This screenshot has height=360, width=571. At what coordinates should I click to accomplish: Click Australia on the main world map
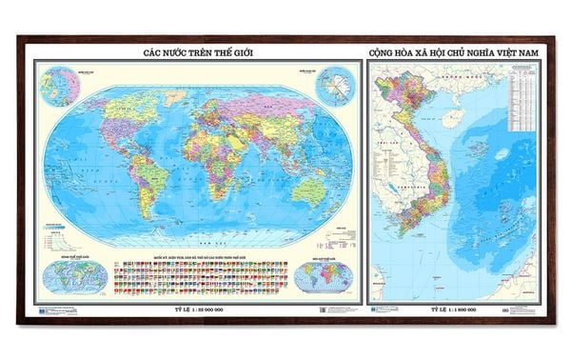[x=306, y=190]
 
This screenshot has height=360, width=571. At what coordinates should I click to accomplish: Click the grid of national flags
[x=200, y=277]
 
